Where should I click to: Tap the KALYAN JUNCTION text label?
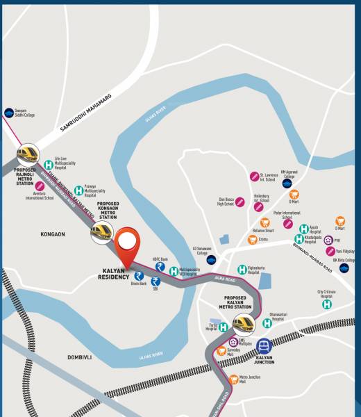[265, 361]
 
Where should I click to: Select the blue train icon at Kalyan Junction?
[264, 345]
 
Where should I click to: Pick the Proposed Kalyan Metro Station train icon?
[244, 323]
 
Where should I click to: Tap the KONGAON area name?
[53, 234]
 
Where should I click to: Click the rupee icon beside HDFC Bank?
[160, 267]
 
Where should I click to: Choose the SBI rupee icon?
[156, 281]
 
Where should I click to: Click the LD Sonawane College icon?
[211, 259]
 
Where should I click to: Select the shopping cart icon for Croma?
[253, 240]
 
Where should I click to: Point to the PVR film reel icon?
[328, 240]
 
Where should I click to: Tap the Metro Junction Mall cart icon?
[234, 379]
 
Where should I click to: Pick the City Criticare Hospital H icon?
[326, 304]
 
